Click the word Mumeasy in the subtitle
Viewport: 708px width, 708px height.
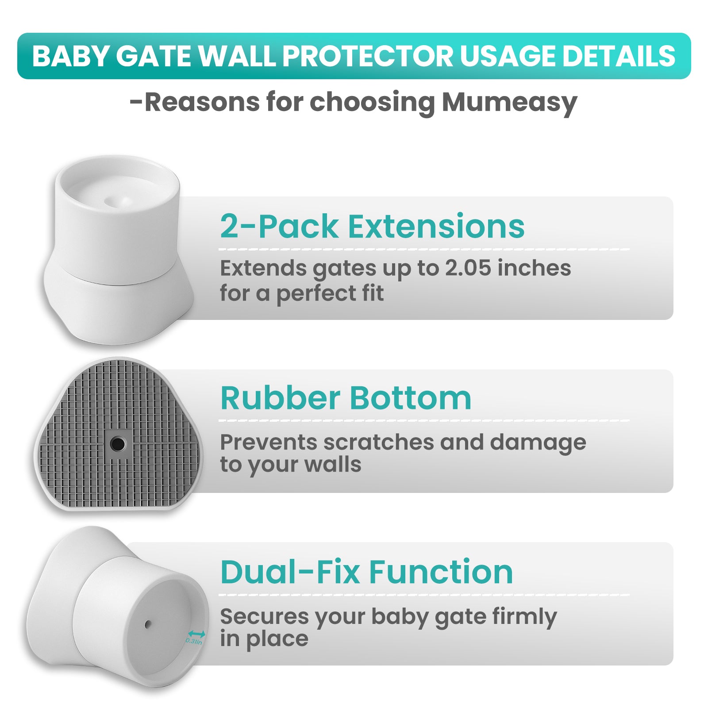pos(509,103)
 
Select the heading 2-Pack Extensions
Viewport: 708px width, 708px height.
pos(372,226)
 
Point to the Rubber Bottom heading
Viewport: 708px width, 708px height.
pos(346,398)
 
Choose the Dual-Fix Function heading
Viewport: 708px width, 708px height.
pos(366,572)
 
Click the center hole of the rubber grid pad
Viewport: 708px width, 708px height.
pos(117,443)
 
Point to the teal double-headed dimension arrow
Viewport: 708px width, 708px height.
pos(196,634)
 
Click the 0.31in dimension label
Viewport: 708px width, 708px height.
pos(194,641)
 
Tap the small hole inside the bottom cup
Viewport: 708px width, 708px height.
pos(148,624)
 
